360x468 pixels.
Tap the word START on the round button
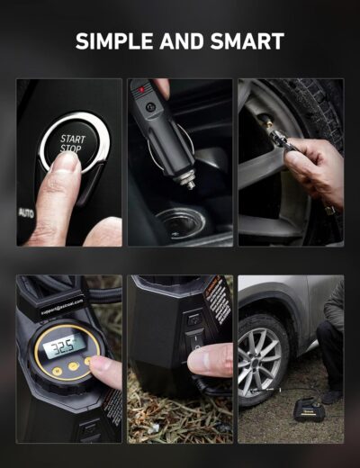[73, 139]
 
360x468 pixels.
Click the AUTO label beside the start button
[26, 213]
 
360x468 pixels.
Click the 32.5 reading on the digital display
[62, 346]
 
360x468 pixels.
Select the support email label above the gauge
[62, 306]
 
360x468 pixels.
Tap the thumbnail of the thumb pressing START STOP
[63, 163]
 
